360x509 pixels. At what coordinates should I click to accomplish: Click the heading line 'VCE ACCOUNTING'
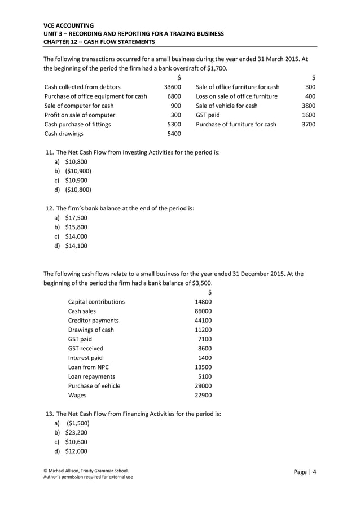click(x=69, y=25)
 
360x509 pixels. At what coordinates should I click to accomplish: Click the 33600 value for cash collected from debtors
click(x=172, y=87)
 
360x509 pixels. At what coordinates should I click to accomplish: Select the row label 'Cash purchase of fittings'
click(x=77, y=124)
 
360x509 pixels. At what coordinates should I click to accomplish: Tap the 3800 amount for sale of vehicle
click(x=309, y=106)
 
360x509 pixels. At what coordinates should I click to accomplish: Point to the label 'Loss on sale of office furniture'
click(x=236, y=96)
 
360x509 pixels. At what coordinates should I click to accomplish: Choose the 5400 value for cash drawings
click(x=174, y=134)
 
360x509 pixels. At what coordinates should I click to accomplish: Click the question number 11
click(x=49, y=152)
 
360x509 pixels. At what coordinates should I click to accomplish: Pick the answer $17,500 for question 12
click(x=76, y=217)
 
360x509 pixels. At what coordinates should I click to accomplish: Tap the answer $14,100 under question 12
click(x=76, y=245)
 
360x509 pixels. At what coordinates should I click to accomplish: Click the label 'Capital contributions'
click(x=96, y=302)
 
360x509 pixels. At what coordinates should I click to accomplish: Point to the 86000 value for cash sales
click(x=203, y=311)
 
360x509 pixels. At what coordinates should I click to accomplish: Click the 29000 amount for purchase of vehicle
click(x=203, y=385)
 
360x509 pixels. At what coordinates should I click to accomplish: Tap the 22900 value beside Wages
click(x=203, y=395)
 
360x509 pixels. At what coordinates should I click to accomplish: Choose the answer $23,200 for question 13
click(x=76, y=432)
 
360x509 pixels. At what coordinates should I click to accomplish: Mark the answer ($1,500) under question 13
click(x=78, y=423)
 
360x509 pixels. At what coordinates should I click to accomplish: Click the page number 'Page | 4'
click(x=305, y=472)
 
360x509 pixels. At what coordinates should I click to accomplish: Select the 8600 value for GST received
click(x=205, y=348)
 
